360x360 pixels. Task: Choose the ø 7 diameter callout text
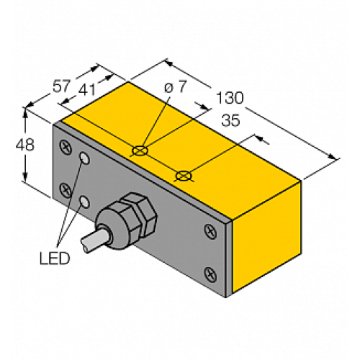[176, 87]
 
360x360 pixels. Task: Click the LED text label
[54, 258]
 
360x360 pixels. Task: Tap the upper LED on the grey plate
[86, 158]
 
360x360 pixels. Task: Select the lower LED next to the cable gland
[86, 202]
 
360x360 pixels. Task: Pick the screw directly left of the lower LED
[66, 190]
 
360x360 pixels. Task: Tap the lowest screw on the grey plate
[210, 273]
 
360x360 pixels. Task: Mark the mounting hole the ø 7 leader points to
[140, 151]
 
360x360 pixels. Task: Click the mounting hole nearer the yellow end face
[184, 174]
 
